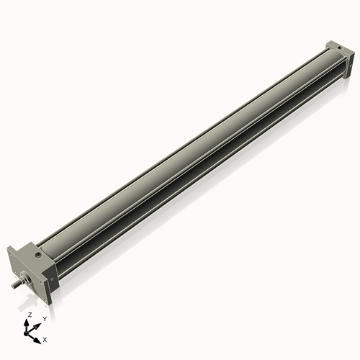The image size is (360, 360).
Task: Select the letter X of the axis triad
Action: click(x=45, y=338)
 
